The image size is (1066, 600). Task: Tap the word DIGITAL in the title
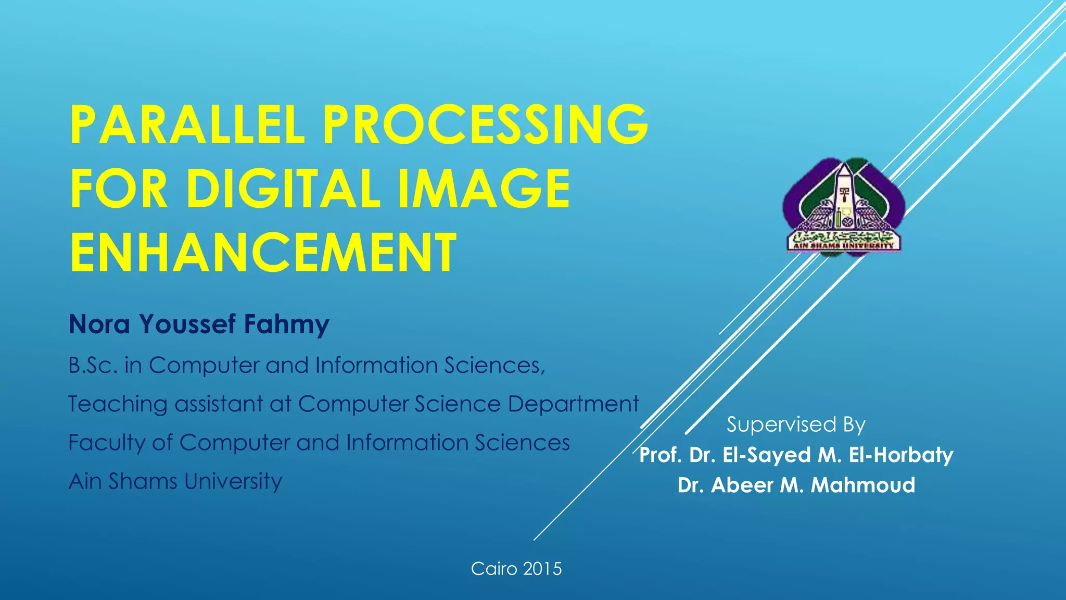pos(284,188)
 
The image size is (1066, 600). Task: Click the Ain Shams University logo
pos(844,207)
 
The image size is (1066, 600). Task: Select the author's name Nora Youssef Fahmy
pos(199,324)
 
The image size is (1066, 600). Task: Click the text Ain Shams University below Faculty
pos(175,481)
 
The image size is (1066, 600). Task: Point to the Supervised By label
pos(796,424)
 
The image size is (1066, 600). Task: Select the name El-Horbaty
pos(901,455)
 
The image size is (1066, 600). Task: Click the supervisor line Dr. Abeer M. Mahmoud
pos(796,485)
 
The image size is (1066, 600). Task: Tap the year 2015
pos(542,568)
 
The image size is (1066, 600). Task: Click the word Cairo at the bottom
pos(494,568)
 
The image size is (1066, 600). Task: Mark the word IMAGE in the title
pos(484,188)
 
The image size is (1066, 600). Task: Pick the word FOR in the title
pos(119,188)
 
